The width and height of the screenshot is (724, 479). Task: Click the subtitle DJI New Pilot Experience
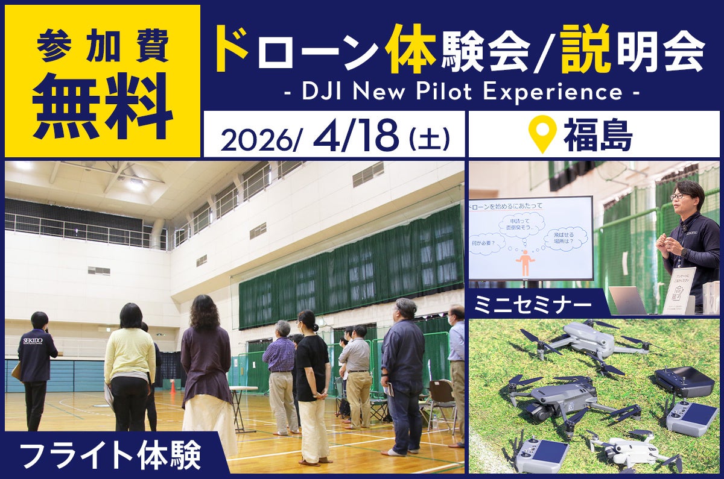(x=462, y=92)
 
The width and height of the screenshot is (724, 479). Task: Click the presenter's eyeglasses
(x=679, y=196)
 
